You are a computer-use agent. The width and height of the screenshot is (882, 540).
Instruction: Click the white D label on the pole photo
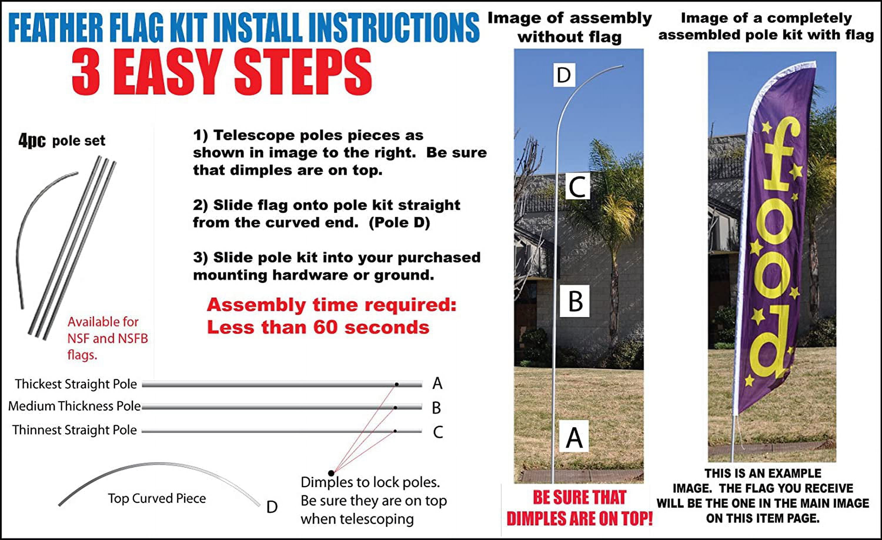coord(564,75)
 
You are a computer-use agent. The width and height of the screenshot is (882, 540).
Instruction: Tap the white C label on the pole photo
coord(577,186)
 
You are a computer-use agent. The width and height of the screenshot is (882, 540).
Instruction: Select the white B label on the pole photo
coord(575,301)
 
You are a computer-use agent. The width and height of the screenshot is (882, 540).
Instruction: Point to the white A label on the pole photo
coord(574,436)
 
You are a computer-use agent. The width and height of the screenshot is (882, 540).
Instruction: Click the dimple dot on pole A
coord(397,384)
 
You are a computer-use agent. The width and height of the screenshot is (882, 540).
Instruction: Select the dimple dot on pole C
coord(395,431)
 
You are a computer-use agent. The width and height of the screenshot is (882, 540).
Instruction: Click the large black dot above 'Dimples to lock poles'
coord(331,474)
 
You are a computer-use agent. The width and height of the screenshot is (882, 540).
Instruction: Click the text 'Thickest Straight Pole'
coord(76,384)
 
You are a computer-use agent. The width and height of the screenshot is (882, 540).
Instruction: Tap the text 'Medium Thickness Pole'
coord(74,406)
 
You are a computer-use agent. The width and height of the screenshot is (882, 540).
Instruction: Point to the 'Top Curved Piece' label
coord(157,498)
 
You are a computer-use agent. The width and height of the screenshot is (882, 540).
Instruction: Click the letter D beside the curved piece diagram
coord(272,507)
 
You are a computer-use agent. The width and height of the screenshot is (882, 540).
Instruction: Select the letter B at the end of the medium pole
coord(436,408)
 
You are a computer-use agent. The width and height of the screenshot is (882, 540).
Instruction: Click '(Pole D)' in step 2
coord(399,223)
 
